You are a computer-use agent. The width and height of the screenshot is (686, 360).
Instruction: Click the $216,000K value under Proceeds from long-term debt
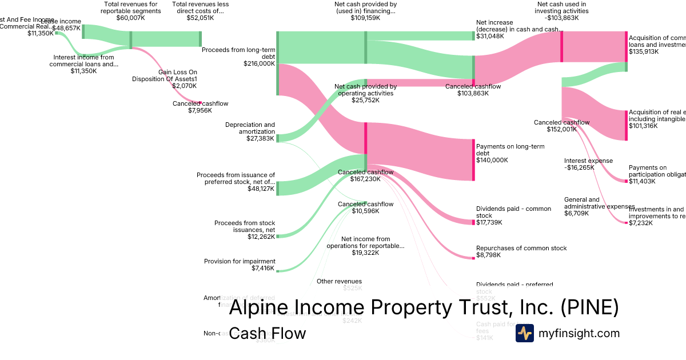point(259,64)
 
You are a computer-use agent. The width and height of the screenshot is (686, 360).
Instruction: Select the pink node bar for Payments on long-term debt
point(473,159)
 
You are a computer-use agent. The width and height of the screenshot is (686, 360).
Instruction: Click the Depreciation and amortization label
point(250,128)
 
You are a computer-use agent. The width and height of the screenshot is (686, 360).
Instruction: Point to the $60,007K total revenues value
point(131,18)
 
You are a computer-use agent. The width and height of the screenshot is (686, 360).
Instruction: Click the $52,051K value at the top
point(200,18)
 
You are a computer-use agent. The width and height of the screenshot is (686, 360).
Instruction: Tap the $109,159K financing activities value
point(365,18)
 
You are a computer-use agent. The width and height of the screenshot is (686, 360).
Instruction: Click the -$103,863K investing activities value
point(562,18)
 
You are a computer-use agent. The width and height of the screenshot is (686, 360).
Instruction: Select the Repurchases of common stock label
point(521,248)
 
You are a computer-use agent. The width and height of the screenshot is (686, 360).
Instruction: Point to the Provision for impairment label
point(240,261)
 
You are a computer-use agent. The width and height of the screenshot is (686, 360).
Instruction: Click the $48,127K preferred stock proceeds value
point(261,189)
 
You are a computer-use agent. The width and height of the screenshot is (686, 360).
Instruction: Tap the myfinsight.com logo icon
point(524,333)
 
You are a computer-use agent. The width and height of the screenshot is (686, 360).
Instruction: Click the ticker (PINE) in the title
point(589,308)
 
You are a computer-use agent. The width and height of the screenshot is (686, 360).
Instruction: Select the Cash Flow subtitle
point(267,333)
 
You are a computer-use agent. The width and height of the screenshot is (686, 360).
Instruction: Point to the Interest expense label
point(588,161)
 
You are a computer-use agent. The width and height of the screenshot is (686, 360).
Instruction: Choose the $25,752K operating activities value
point(365,100)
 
